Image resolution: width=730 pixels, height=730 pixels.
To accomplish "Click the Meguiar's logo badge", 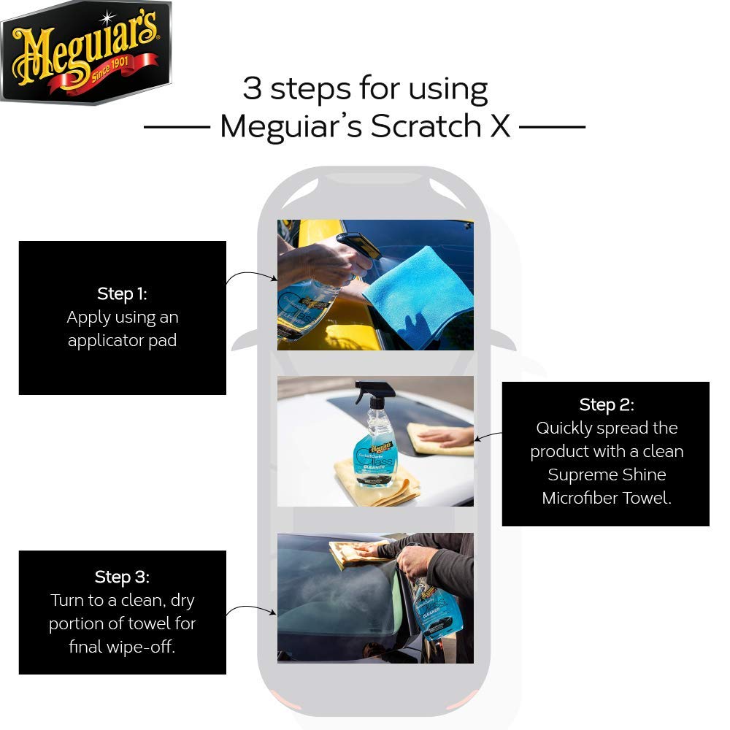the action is click(x=86, y=52).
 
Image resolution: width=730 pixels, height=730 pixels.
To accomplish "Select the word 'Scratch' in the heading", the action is click(x=426, y=126).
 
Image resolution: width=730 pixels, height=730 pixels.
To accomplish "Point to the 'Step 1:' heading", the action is click(x=122, y=293).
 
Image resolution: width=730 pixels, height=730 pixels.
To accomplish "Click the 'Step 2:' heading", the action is click(x=606, y=404).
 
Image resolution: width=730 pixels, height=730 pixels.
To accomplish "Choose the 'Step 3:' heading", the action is click(x=122, y=577).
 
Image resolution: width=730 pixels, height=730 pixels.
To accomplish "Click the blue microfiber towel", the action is click(x=418, y=298).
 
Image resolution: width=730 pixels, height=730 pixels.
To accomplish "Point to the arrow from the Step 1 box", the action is click(x=251, y=274).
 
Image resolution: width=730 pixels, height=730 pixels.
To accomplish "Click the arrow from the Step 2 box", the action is click(x=488, y=437).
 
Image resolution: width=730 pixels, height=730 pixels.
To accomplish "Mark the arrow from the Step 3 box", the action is click(x=251, y=607).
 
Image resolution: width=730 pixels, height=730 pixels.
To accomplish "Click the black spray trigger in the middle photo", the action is click(x=373, y=391).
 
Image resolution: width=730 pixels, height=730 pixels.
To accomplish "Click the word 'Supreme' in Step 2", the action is click(x=577, y=475).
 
